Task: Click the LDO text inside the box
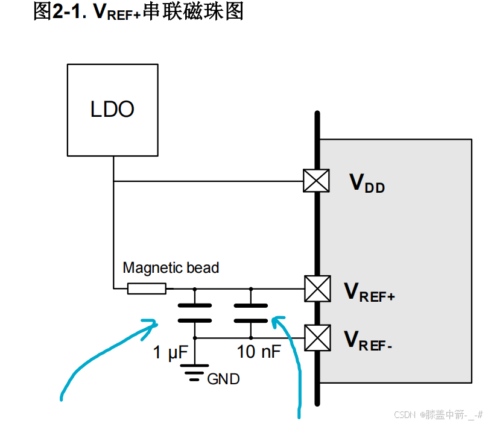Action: point(112,109)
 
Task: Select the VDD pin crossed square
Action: point(316,181)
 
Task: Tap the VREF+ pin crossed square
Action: point(317,288)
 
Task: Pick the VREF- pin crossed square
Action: point(317,338)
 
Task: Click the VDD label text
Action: point(367,184)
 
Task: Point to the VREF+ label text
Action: point(369,292)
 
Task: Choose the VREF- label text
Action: point(368,341)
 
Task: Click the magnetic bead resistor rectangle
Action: point(147,288)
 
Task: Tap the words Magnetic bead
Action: point(171,268)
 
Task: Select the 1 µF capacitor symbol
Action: point(195,313)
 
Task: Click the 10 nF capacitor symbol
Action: point(251,313)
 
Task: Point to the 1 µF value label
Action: point(170,352)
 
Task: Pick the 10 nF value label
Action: point(259,352)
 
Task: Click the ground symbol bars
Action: point(194,372)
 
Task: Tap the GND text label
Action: point(223,379)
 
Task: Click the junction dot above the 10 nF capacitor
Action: point(251,289)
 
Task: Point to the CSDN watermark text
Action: point(438,415)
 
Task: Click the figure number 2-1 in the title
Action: point(69,12)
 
